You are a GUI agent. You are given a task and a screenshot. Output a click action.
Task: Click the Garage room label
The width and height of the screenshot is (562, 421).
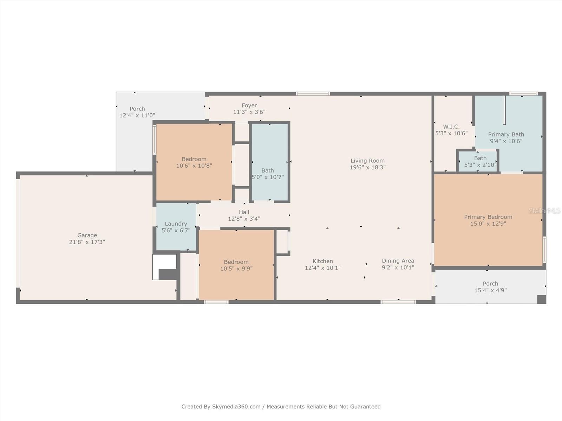coord(87,235)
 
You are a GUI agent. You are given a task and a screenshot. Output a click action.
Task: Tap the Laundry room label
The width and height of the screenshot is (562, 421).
coord(176,224)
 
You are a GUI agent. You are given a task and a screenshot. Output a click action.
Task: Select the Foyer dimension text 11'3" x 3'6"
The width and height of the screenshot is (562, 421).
coord(249,112)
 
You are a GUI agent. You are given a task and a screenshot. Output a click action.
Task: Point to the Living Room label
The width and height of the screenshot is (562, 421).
coord(367,161)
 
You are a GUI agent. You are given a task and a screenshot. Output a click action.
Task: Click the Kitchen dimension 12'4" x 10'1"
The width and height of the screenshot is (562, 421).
coord(322,268)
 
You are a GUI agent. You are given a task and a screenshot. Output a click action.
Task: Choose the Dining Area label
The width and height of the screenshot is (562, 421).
coord(398,261)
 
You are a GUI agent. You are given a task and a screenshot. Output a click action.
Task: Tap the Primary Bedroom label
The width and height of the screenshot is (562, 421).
coord(488,217)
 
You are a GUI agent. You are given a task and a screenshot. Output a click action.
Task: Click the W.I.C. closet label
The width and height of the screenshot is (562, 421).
coord(451,127)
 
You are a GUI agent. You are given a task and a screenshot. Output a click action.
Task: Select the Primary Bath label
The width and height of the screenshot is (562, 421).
coord(506,134)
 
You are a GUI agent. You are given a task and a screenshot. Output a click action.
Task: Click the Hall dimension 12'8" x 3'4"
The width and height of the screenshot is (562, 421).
coord(244,219)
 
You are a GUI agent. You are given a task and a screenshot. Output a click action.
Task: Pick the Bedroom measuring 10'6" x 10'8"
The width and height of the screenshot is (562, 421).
coord(194,162)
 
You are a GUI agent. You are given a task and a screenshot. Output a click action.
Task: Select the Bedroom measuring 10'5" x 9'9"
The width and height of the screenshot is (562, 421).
coord(236,265)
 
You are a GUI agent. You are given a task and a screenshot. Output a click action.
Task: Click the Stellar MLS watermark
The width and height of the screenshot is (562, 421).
coord(544,211)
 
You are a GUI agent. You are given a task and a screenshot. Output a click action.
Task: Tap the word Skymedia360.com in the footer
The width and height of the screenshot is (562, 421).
coord(236,406)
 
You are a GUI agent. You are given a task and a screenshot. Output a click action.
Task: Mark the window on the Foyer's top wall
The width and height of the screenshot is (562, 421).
coord(313,94)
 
